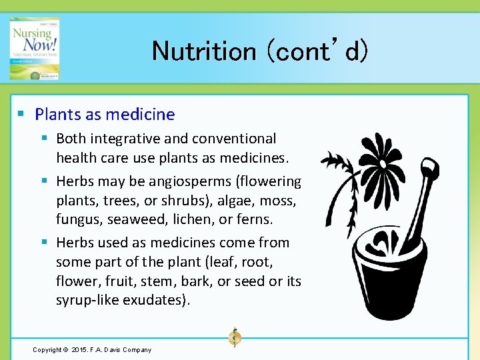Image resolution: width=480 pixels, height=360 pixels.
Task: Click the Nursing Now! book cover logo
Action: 34,49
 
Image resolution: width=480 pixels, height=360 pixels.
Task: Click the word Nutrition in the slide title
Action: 204,51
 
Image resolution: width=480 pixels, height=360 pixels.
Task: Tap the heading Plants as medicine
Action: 105,114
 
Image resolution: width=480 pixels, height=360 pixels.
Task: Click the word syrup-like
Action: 86,300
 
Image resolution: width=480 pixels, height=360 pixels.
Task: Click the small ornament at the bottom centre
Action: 235,337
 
